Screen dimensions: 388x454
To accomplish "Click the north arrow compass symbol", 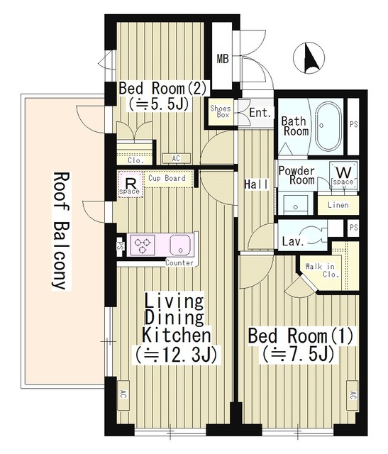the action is click(309, 57).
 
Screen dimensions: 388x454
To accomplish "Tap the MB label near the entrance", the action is click(223, 59).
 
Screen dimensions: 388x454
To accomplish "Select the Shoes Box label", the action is click(221, 111).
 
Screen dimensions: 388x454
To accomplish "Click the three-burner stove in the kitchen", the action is click(143, 245).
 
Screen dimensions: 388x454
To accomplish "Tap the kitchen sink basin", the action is click(179, 245).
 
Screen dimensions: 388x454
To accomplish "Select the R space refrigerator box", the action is click(131, 185).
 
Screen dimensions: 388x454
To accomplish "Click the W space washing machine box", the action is click(344, 175).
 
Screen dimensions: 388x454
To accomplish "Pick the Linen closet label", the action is click(338, 205).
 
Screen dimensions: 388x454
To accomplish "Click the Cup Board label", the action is click(167, 178).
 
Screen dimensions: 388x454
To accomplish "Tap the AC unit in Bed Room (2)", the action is click(176, 158).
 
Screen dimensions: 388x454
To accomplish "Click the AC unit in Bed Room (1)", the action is click(352, 395).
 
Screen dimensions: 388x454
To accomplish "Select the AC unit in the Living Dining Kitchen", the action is click(123, 394).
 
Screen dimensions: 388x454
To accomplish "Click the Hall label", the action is click(256, 184).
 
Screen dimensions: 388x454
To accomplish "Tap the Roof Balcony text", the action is click(61, 231).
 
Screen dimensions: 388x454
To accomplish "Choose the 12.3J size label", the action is click(176, 355).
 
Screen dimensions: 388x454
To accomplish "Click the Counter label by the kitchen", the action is click(179, 263).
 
